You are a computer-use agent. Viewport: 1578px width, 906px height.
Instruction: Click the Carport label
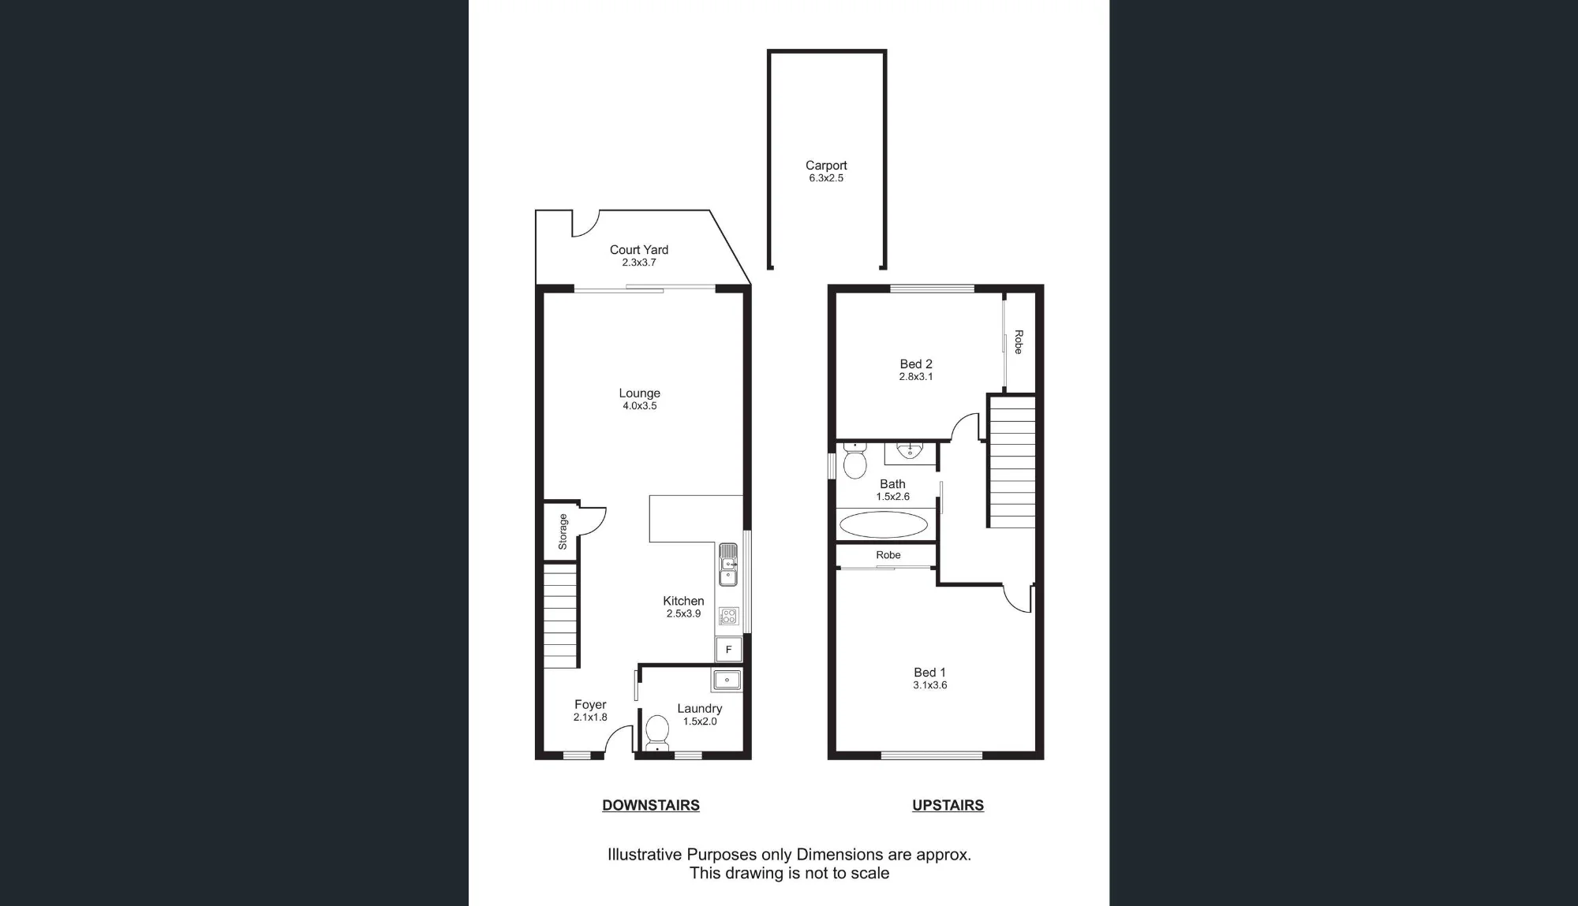826,166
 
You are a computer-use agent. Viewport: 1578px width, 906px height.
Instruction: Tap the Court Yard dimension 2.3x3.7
639,263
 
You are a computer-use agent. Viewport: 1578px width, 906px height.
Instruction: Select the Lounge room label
639,393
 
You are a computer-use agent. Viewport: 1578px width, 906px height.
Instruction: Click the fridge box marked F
728,650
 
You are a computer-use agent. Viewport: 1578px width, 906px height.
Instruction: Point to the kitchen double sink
728,565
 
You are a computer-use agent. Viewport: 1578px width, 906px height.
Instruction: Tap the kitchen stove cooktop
728,616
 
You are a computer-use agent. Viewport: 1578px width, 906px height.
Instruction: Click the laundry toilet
657,733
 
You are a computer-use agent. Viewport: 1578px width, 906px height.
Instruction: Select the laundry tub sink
727,680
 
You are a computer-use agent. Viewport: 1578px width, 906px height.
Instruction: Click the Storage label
563,531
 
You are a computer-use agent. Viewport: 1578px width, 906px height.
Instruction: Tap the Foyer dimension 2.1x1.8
590,718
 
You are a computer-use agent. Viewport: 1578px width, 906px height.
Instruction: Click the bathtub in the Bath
884,524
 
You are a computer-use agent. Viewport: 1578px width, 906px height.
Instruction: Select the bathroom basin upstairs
910,451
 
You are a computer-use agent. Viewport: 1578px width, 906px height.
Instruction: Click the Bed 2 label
916,364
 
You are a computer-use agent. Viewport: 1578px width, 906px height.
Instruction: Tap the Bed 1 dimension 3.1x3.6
930,685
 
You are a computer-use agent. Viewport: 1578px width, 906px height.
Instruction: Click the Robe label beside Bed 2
1019,341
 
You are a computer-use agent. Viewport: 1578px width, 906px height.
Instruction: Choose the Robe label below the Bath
888,555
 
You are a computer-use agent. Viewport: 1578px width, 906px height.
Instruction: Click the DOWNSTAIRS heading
651,805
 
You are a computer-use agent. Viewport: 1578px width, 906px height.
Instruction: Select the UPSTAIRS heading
948,805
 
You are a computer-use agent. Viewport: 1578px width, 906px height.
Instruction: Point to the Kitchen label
683,601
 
